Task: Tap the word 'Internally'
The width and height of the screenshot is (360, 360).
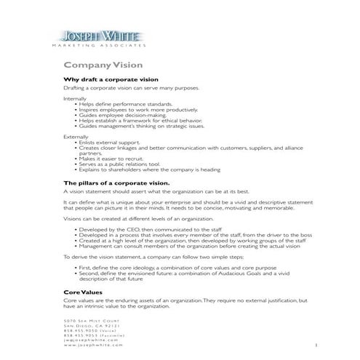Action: (x=75, y=97)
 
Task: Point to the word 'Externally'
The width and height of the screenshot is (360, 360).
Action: (x=76, y=136)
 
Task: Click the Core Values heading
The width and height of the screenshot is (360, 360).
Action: (x=83, y=292)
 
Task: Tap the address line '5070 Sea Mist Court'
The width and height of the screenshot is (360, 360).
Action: (x=91, y=321)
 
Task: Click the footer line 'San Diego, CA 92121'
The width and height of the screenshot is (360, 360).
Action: (x=91, y=326)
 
